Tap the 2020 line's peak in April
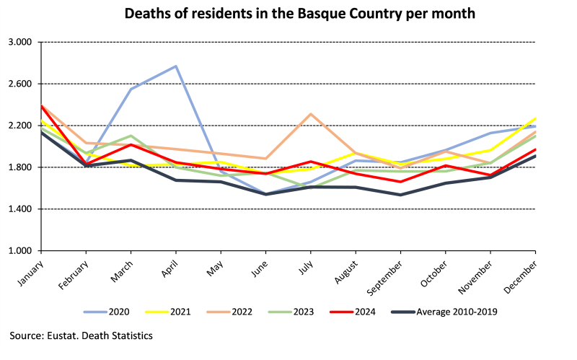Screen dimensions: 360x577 click(x=176, y=66)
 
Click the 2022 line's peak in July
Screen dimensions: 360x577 click(x=311, y=114)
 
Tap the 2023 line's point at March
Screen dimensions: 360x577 click(x=131, y=136)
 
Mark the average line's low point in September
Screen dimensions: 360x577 click(x=400, y=195)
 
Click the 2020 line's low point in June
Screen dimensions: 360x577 click(x=266, y=194)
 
